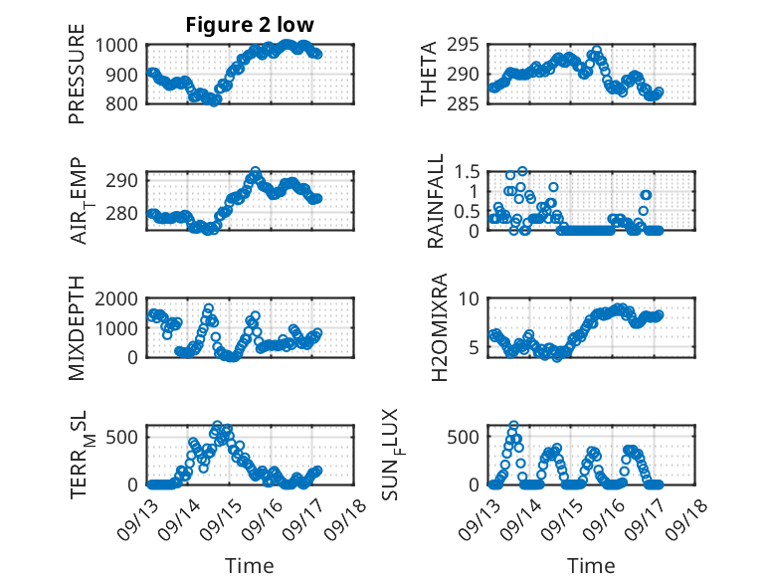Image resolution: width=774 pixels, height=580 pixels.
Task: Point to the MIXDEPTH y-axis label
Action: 77,327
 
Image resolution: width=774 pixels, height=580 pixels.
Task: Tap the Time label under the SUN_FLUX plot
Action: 592,566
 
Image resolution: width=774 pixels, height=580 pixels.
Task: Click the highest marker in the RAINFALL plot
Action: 522,171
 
